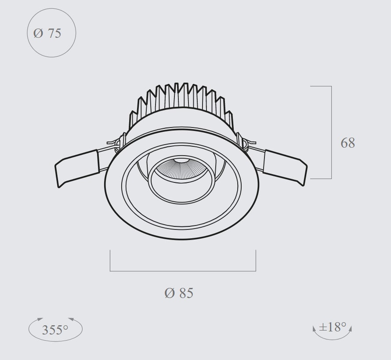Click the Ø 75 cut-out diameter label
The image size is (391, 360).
point(47,33)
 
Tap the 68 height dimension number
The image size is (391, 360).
point(348,143)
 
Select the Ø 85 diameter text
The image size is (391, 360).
point(179,293)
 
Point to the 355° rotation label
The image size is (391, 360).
point(55,330)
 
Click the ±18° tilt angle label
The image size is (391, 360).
point(333,327)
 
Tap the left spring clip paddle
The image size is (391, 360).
point(77,168)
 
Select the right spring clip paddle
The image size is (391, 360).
point(285,167)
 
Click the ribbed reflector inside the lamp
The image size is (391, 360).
point(181,170)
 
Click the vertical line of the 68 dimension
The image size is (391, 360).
point(331,132)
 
